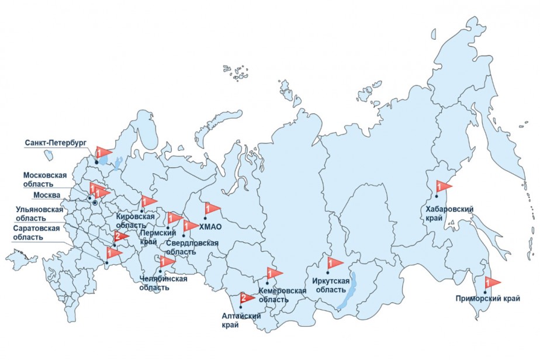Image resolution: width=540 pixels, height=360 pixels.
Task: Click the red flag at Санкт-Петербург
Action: (x=102, y=153)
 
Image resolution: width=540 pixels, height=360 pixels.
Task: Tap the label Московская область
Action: (x=45, y=179)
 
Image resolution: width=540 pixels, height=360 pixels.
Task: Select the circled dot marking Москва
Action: (x=95, y=202)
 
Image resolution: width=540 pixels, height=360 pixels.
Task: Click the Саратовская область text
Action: (x=37, y=233)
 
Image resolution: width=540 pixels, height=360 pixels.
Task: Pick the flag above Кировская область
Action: (x=148, y=202)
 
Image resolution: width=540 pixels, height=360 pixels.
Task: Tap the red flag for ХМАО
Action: (x=211, y=209)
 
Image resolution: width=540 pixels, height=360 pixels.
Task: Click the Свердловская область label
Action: (x=192, y=247)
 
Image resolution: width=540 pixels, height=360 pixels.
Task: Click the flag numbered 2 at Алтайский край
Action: (x=246, y=298)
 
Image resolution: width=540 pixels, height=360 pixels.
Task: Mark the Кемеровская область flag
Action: (x=274, y=273)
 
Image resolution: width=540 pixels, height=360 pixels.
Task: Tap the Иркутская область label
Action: (x=331, y=285)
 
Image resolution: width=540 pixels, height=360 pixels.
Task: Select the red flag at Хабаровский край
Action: (x=443, y=187)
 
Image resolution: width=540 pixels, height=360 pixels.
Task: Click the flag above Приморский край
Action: (x=491, y=282)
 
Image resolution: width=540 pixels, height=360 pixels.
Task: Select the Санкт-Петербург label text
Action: (x=56, y=142)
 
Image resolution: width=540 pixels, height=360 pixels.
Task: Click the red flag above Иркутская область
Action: (x=334, y=262)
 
